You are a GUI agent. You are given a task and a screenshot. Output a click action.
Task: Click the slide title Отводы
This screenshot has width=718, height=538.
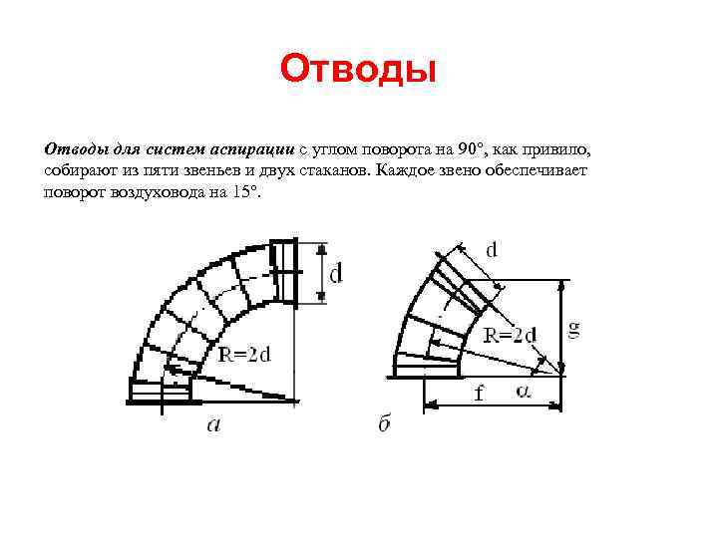tap(359, 70)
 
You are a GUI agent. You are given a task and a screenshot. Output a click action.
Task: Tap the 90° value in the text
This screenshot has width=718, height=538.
tap(471, 149)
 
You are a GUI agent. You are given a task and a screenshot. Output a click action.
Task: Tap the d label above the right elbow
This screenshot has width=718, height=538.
tap(492, 250)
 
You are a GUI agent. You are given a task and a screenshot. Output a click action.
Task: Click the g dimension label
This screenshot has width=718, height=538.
tap(574, 328)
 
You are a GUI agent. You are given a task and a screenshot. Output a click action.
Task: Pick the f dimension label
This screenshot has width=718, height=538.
tap(480, 393)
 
